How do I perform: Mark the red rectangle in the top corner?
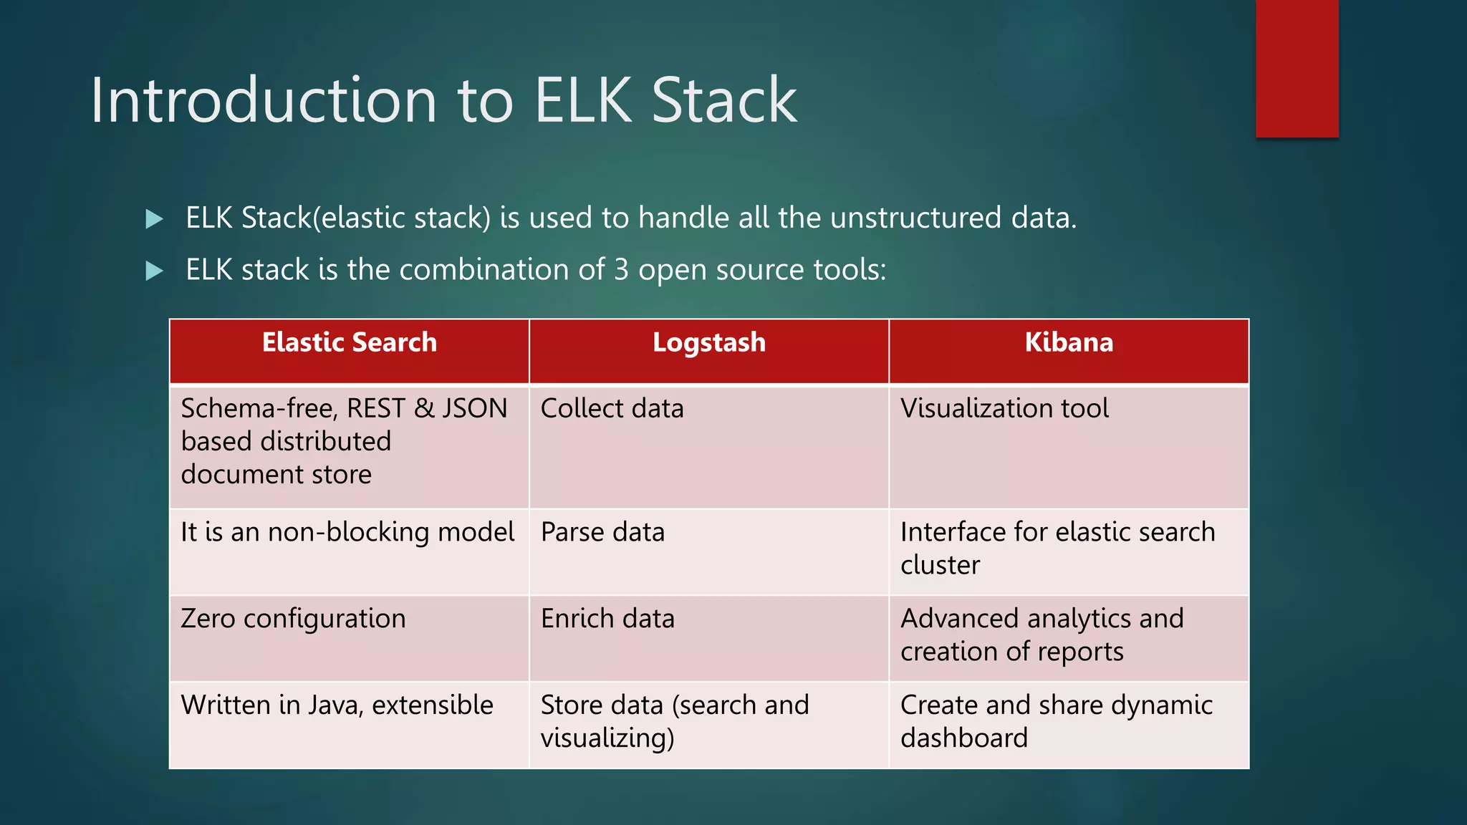[x=1297, y=68]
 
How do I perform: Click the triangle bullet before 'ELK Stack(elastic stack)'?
[x=154, y=218]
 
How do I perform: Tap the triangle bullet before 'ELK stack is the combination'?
[x=154, y=271]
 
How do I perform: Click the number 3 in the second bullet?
[x=621, y=270]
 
